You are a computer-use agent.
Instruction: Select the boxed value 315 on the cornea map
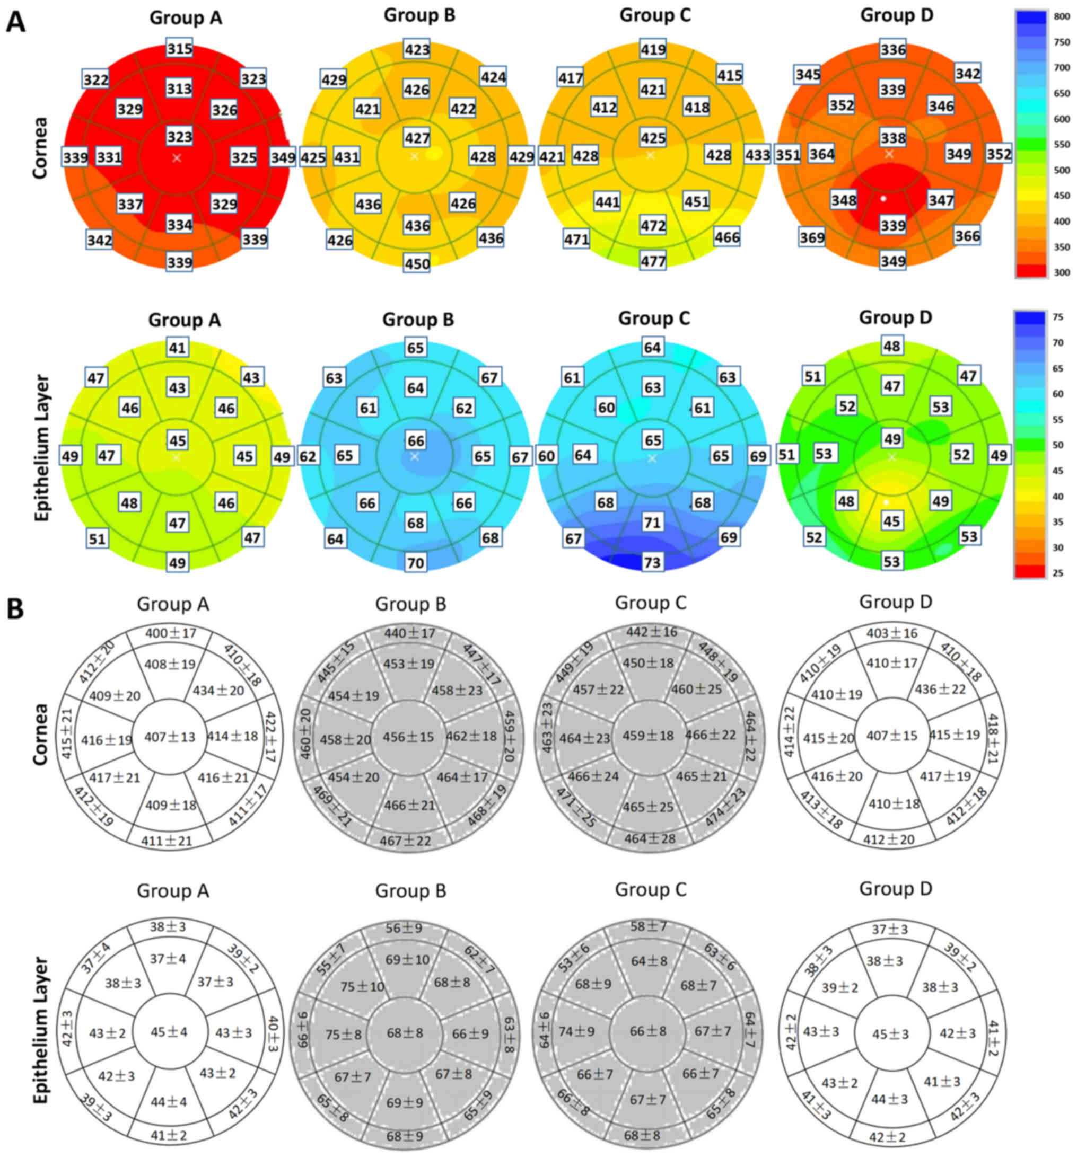179,49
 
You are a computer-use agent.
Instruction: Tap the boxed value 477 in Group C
653,261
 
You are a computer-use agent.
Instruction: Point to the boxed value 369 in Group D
812,237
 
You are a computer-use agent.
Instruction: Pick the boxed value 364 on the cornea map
822,154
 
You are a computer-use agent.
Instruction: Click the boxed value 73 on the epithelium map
652,562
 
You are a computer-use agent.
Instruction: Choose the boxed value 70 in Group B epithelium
416,563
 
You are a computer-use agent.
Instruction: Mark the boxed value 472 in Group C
653,225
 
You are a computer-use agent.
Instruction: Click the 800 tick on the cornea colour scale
1062,17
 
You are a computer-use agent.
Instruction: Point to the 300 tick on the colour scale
1062,272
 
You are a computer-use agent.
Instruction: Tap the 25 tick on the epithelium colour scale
1058,572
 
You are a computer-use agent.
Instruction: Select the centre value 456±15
408,737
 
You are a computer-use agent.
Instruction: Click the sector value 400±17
171,633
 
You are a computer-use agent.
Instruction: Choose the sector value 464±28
650,839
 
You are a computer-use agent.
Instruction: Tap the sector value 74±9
576,1031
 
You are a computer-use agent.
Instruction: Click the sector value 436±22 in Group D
940,689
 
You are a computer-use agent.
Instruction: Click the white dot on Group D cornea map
884,199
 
